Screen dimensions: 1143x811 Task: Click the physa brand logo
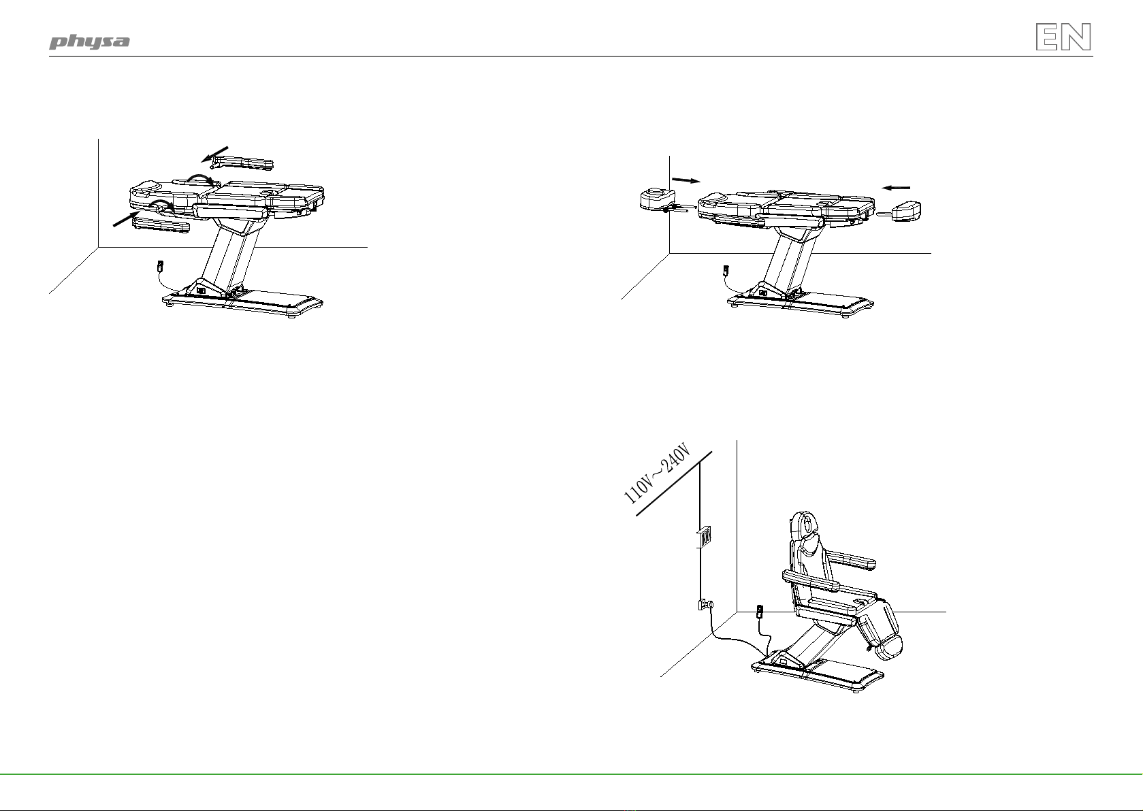point(89,42)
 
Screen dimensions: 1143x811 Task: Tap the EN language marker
point(1063,37)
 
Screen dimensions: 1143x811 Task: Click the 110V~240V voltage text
point(657,474)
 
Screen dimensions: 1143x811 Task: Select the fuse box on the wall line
point(704,537)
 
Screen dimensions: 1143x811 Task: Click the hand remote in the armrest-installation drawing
point(160,266)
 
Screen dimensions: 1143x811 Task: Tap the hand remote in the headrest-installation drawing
point(726,270)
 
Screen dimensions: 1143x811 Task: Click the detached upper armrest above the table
point(243,163)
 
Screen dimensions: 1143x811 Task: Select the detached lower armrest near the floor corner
point(161,226)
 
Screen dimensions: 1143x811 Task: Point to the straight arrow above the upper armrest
point(214,154)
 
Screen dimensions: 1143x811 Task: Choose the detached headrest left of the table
point(658,199)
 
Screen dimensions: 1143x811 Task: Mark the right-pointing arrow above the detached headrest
point(686,180)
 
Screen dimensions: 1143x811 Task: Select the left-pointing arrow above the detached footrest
point(896,188)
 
